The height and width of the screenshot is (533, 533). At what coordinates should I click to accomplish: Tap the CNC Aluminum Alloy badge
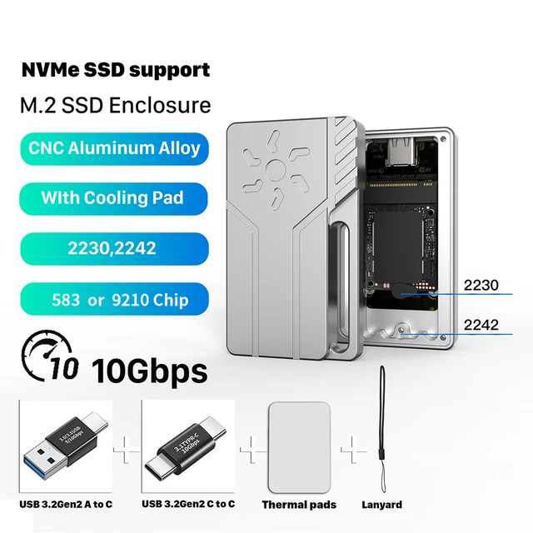[114, 149]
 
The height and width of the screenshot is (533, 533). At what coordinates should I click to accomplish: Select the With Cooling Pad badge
[112, 198]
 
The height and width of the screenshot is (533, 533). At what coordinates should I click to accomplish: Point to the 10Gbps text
[149, 367]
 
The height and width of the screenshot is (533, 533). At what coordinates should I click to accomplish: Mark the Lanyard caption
[383, 505]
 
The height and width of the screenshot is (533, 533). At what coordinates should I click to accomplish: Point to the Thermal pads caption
[299, 505]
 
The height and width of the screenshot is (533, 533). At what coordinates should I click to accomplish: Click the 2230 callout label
[482, 286]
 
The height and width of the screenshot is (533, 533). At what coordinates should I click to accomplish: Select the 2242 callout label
[482, 324]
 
